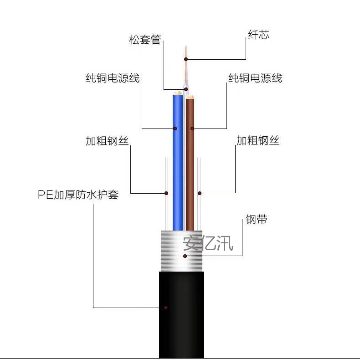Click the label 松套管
click(x=145, y=40)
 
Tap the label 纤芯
click(x=258, y=35)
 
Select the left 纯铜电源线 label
click(x=112, y=78)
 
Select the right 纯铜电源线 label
click(x=255, y=78)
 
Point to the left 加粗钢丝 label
click(x=107, y=141)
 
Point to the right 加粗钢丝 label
click(x=257, y=140)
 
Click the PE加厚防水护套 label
click(x=78, y=195)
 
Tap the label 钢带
click(x=256, y=220)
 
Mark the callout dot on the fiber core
click(x=186, y=59)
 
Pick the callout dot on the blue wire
click(x=175, y=129)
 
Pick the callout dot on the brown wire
click(x=192, y=129)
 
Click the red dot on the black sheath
click(x=166, y=308)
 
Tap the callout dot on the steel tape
click(x=185, y=256)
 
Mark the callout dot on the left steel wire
click(x=166, y=193)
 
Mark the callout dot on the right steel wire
click(x=200, y=193)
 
